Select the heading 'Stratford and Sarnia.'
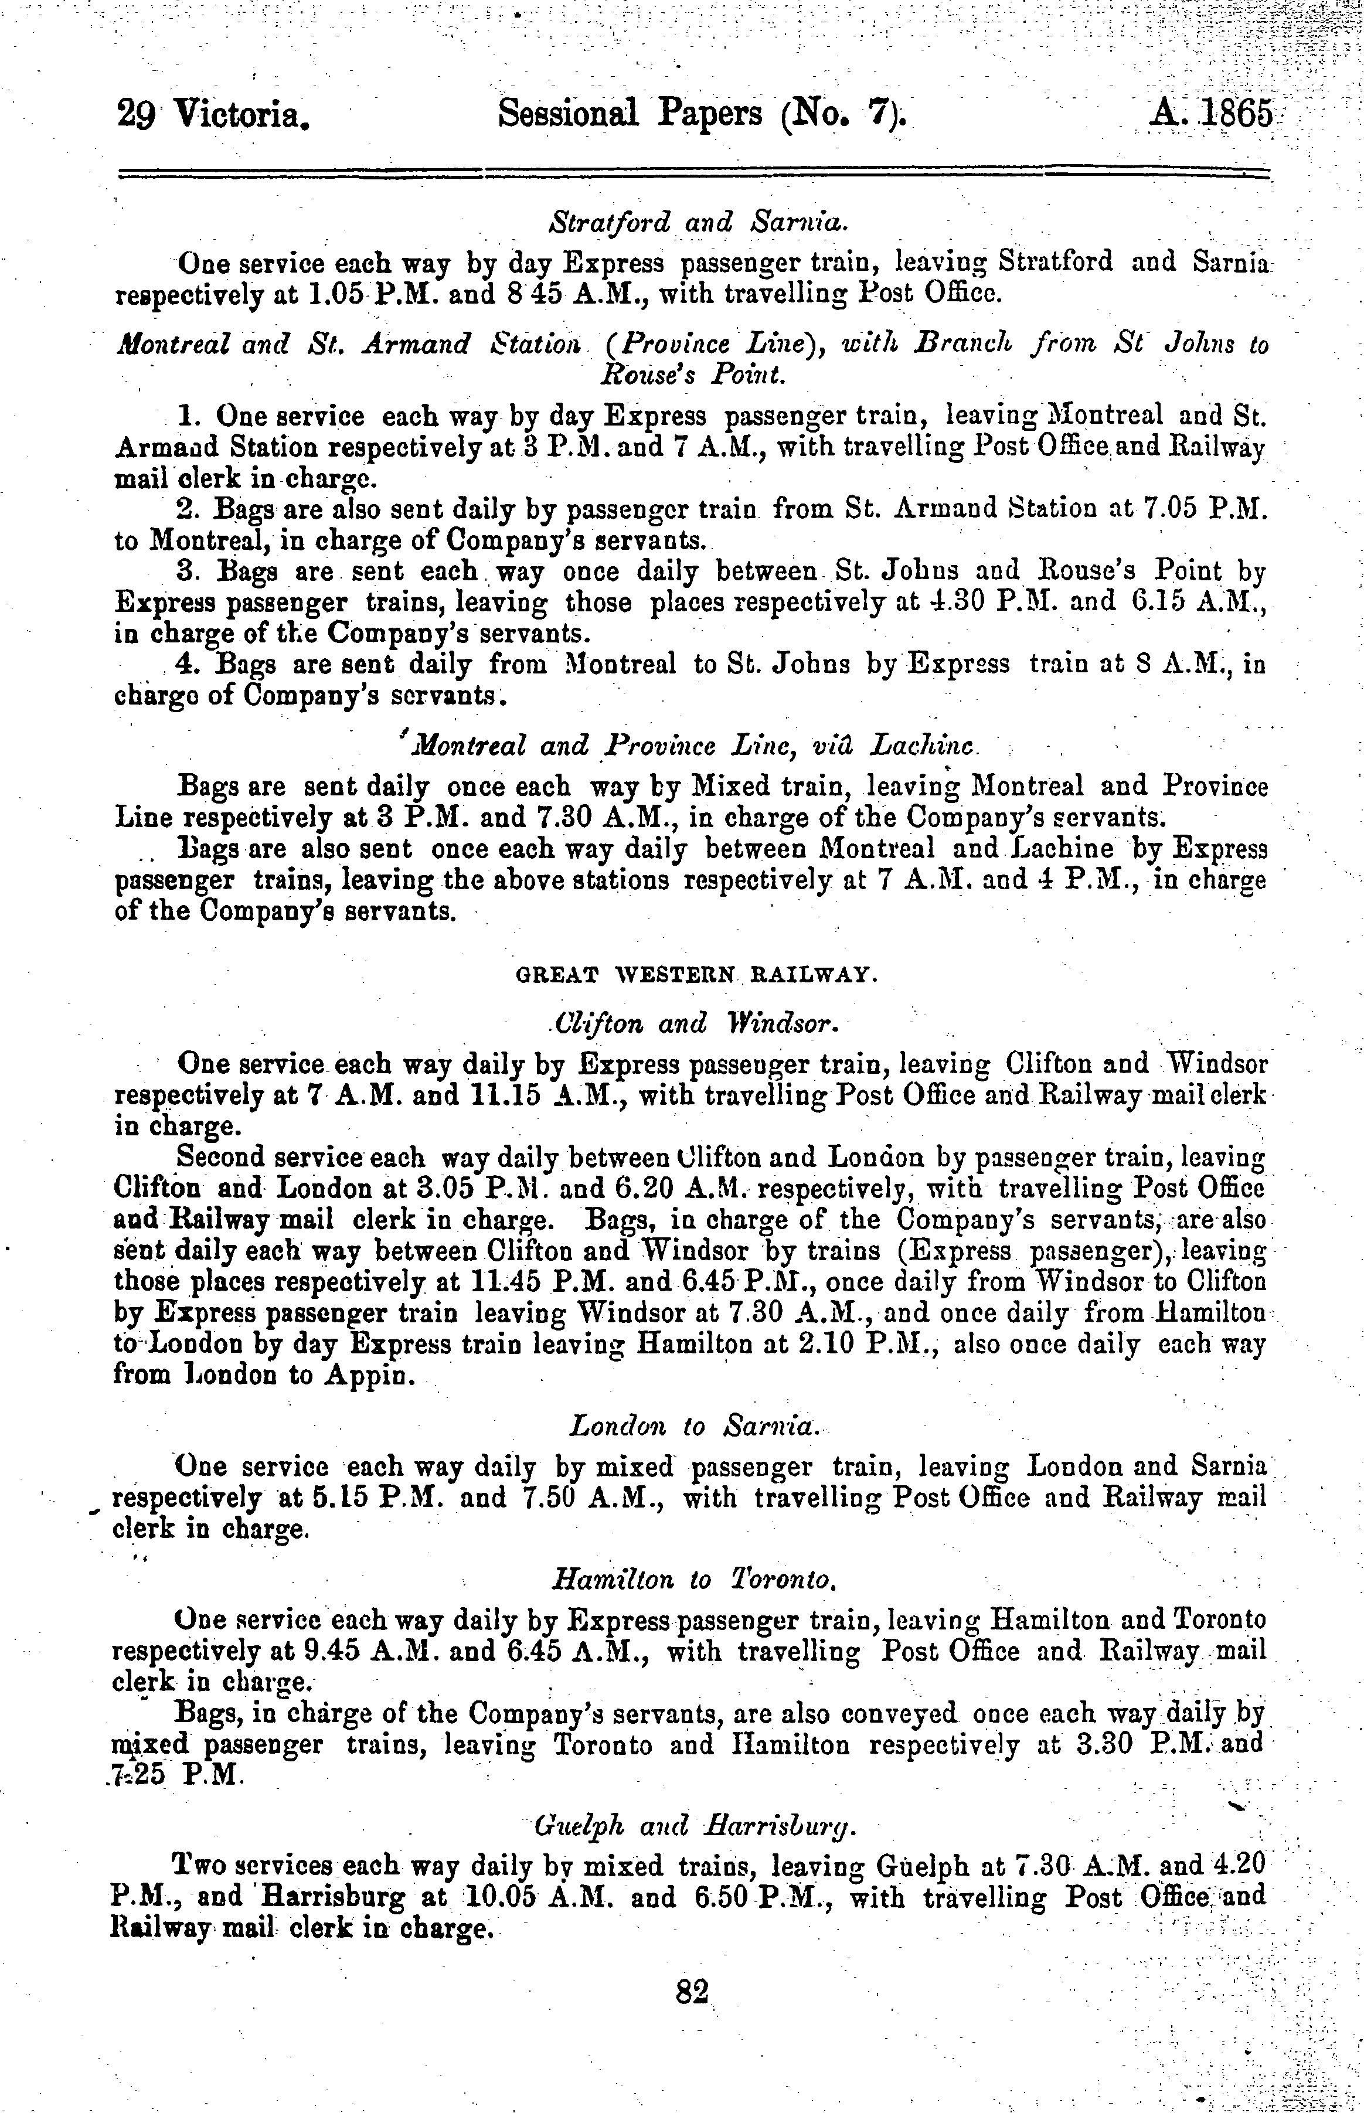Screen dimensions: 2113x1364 tap(693, 222)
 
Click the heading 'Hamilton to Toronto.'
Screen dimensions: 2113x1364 tap(693, 1579)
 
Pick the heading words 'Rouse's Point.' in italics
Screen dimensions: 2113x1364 tap(693, 376)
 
